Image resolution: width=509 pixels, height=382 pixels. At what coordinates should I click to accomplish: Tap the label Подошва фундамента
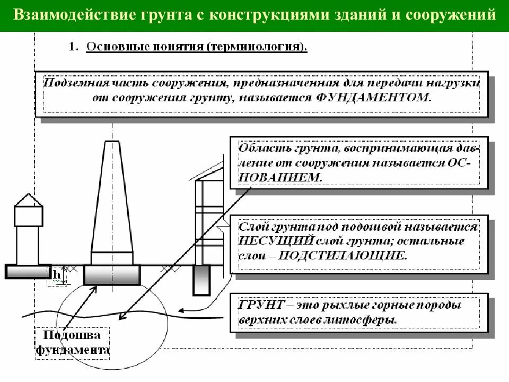click(x=73, y=343)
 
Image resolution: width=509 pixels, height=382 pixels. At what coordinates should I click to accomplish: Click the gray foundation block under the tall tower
click(x=112, y=275)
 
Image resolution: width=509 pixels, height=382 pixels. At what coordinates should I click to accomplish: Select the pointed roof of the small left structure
click(x=28, y=200)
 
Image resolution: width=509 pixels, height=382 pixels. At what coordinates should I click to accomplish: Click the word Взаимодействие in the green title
click(x=58, y=14)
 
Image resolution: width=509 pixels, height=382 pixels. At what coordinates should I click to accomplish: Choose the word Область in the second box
click(x=259, y=147)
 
